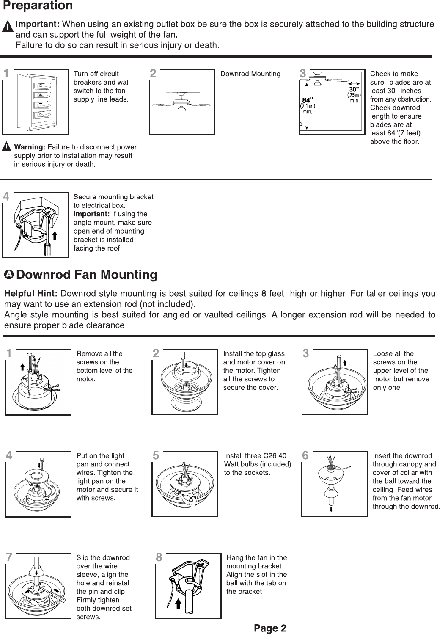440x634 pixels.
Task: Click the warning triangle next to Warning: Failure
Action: point(7,147)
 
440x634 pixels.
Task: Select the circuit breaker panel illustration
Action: point(36,101)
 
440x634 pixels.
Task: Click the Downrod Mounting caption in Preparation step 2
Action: point(250,74)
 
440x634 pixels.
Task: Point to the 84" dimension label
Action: point(307,100)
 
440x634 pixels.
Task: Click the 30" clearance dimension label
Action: point(354,90)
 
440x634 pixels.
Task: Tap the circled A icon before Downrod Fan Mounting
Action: point(9,275)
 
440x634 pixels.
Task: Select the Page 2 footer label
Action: point(270,628)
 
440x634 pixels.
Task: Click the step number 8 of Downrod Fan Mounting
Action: point(159,558)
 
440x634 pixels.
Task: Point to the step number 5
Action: point(156,456)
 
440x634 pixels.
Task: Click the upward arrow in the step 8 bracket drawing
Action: point(179,604)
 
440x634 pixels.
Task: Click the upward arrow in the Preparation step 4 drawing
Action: point(55,235)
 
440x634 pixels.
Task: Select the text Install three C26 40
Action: point(255,456)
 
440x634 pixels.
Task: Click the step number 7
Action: point(8,557)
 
